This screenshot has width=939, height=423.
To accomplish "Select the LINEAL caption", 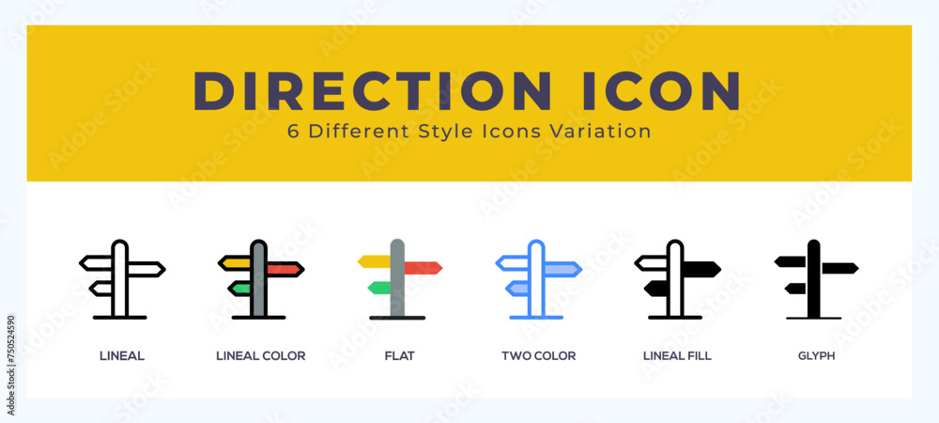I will [x=122, y=356].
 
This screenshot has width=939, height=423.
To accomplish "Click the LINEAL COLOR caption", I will [x=260, y=356].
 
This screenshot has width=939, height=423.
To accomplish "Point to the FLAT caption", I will [x=399, y=356].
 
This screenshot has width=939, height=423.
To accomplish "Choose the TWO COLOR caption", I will [x=538, y=356].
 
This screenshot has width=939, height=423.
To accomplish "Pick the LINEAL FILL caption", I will [x=677, y=356].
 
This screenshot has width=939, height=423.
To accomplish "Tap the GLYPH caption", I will [x=816, y=356].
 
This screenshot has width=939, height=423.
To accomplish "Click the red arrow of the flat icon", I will [x=423, y=268].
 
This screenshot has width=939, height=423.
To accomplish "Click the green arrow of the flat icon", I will [x=379, y=287].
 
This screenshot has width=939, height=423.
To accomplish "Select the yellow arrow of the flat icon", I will [x=374, y=261].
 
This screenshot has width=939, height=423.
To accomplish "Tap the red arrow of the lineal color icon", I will [x=284, y=270].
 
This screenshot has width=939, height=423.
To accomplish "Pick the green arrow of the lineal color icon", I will [x=240, y=289].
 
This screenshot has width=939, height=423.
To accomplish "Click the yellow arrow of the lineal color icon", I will [x=236, y=263].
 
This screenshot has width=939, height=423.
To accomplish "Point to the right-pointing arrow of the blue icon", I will [x=562, y=270].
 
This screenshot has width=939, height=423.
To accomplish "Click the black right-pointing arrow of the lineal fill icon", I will [x=700, y=270].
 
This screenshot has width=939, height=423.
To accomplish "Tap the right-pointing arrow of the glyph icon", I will [x=839, y=268].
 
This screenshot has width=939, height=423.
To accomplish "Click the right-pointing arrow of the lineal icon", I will [x=146, y=270].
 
